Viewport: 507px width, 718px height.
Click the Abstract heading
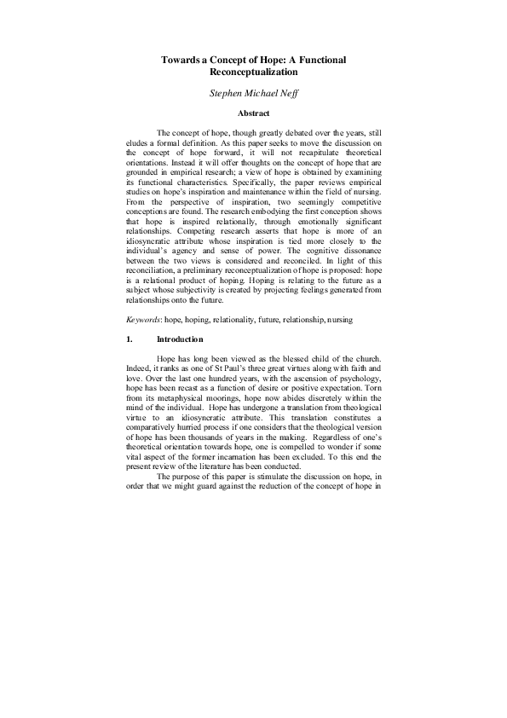pyautogui.click(x=253, y=113)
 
